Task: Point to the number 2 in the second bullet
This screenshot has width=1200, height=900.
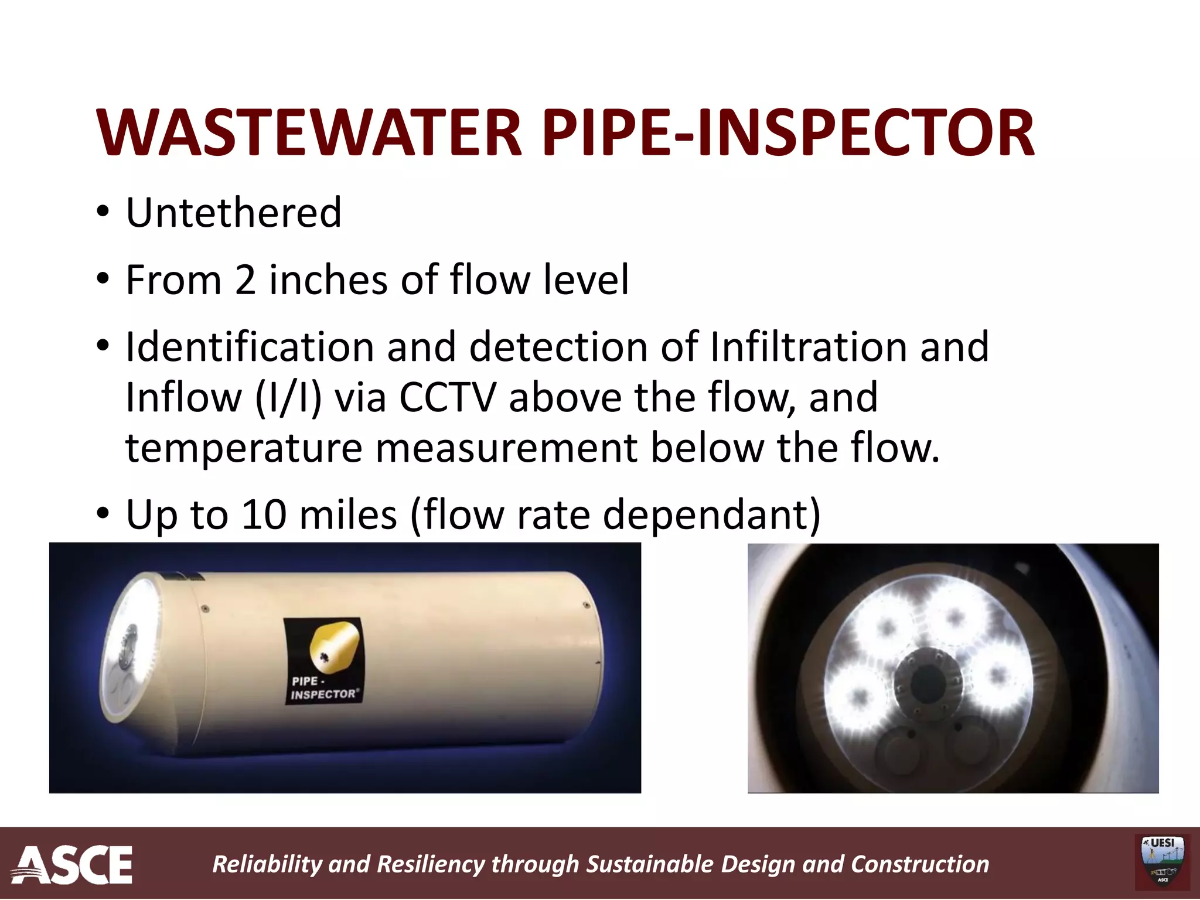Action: pos(245,279)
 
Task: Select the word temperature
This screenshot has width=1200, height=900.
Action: pos(244,448)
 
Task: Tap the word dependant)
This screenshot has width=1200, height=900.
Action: pos(711,514)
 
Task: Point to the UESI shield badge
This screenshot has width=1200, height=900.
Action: pos(1162,862)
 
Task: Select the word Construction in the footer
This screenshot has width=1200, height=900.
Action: pos(919,864)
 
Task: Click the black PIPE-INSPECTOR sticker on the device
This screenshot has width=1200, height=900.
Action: pos(323,661)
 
